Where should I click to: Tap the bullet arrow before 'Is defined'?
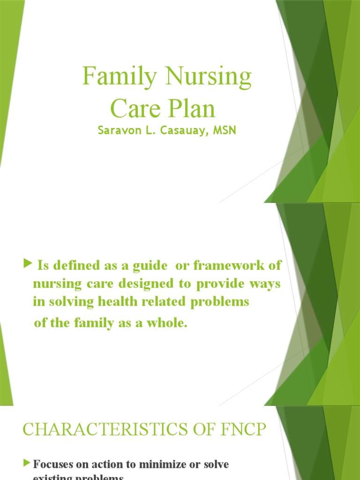[x=26, y=266]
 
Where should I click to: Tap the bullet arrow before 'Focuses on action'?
[x=26, y=463]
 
